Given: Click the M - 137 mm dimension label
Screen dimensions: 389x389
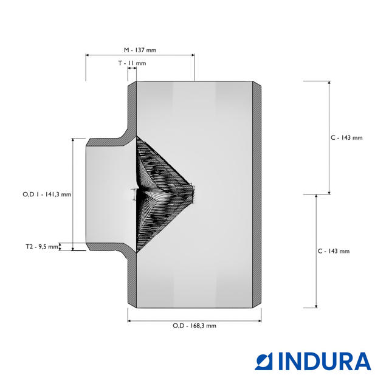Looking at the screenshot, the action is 140,50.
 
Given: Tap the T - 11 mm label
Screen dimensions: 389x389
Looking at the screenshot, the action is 132,63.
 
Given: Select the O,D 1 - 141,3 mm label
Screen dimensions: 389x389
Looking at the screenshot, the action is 47,194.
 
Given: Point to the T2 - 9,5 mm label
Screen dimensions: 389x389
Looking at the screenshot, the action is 42,247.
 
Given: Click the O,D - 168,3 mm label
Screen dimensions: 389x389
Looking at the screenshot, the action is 194,326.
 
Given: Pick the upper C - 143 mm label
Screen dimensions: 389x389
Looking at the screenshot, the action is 346,138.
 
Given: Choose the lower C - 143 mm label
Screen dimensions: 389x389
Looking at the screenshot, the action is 334,251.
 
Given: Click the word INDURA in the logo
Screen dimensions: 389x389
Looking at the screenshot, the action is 325,361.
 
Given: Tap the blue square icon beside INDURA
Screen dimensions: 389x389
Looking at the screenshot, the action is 264,362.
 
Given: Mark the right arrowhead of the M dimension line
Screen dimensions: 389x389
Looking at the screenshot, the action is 193,55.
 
